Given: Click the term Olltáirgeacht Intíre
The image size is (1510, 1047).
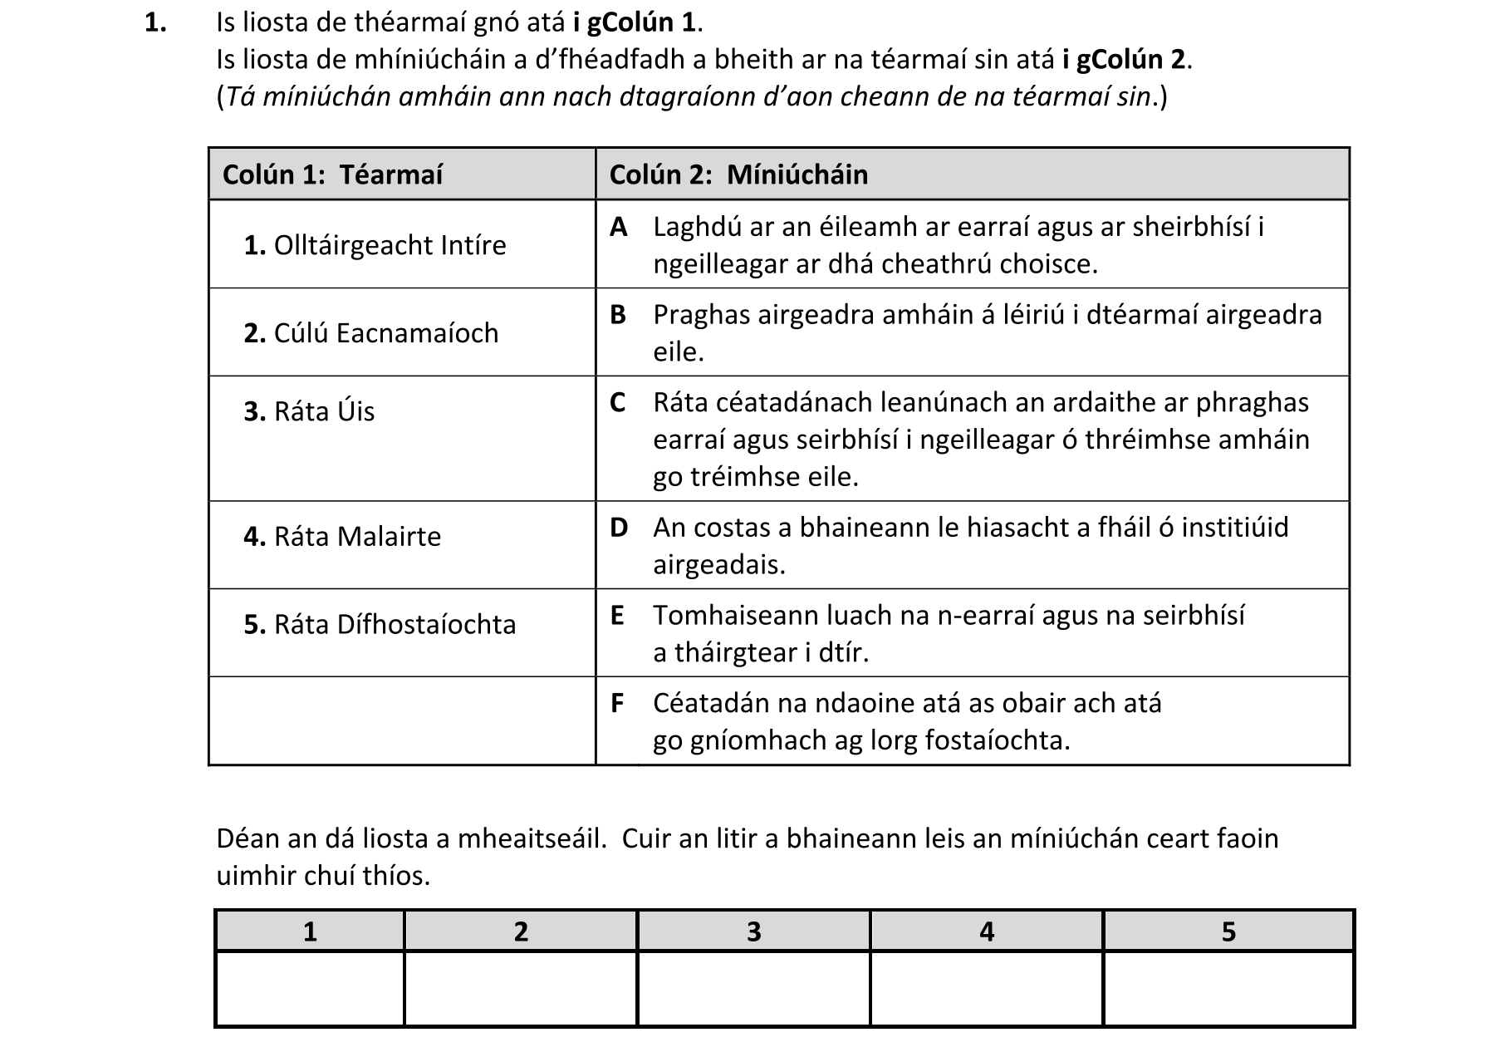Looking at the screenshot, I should click(x=375, y=245).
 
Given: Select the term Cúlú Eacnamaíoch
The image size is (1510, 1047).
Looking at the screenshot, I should click(x=371, y=333).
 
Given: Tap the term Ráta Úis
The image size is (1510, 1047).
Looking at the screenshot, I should click(x=309, y=411).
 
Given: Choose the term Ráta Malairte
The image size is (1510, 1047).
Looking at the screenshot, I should click(x=342, y=537).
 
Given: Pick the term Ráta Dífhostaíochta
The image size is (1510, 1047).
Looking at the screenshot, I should click(x=380, y=624).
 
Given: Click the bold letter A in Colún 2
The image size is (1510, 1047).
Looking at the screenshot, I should click(x=618, y=227).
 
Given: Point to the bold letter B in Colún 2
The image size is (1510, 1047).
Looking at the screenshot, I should click(x=618, y=315).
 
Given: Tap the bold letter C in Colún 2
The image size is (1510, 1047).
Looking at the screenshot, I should click(x=618, y=402).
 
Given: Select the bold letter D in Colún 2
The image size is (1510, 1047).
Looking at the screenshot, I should click(x=619, y=528).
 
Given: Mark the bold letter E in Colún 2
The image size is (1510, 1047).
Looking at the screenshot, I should click(x=617, y=616).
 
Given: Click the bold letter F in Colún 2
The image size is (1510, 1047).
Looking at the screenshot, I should click(x=617, y=703).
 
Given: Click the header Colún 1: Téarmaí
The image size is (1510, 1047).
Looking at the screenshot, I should click(x=333, y=174).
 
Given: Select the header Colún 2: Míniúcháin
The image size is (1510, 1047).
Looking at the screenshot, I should click(x=738, y=174).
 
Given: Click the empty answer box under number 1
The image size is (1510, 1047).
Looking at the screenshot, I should click(x=310, y=988).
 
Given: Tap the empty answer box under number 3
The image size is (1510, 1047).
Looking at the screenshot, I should click(x=753, y=988).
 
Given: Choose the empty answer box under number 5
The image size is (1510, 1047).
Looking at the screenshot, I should click(x=1228, y=988).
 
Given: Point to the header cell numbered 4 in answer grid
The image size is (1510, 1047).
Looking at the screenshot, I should click(x=987, y=931).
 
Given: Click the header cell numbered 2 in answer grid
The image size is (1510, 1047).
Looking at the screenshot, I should click(x=521, y=931).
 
